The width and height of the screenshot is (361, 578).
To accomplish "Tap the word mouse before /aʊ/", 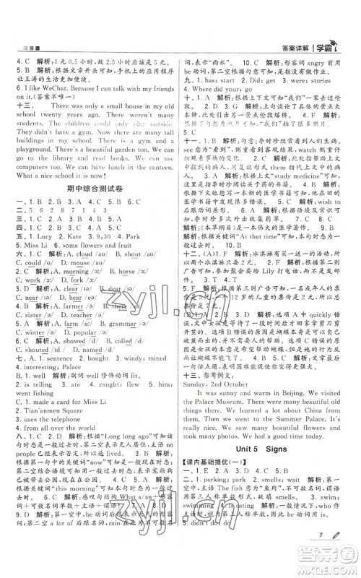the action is [x=74, y=264].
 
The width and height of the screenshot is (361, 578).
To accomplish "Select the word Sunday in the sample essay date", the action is [x=199, y=354].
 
